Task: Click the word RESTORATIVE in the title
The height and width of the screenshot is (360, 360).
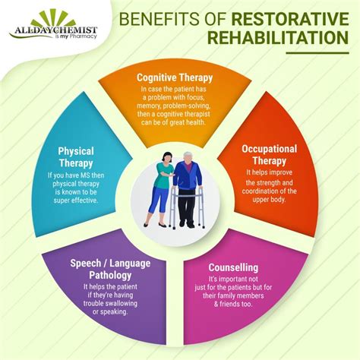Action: pyautogui.click(x=295, y=17)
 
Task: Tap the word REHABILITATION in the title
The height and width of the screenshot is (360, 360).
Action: pyautogui.click(x=270, y=36)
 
